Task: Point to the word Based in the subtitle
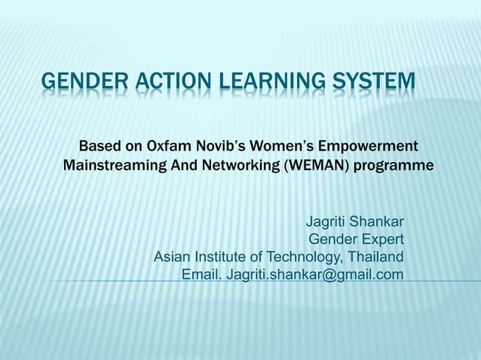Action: coord(100,145)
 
